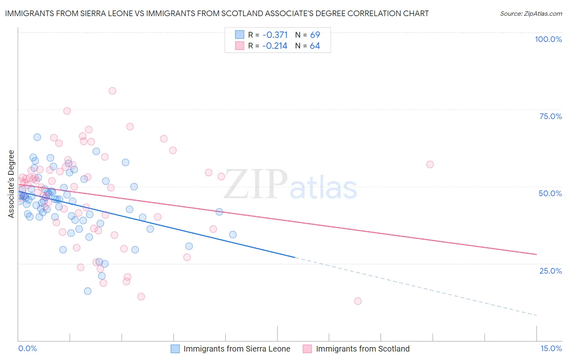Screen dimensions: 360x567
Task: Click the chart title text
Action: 217,13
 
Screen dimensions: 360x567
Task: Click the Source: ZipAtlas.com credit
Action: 531,13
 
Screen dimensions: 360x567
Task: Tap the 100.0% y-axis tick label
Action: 548,39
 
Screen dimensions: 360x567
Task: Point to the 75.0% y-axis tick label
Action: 550,116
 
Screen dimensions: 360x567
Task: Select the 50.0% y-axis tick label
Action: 550,193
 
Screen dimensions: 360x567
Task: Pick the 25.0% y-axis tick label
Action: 550,270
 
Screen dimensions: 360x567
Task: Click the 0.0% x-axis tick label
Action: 27,348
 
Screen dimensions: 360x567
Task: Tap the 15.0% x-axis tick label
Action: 551,348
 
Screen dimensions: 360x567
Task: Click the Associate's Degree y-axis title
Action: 11,184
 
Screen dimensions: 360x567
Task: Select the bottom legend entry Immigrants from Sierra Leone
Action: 237,349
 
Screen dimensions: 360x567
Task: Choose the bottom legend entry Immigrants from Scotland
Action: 363,349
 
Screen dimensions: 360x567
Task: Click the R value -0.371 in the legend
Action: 275,35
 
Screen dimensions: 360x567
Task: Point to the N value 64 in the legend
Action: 315,46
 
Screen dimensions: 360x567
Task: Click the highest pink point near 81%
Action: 113,91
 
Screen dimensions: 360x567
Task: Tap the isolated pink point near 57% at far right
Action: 430,164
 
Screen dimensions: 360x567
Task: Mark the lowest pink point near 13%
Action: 358,301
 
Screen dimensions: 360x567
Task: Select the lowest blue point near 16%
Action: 88,291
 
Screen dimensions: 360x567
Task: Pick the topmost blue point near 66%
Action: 37,137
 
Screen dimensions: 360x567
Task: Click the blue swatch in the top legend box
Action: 240,35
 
